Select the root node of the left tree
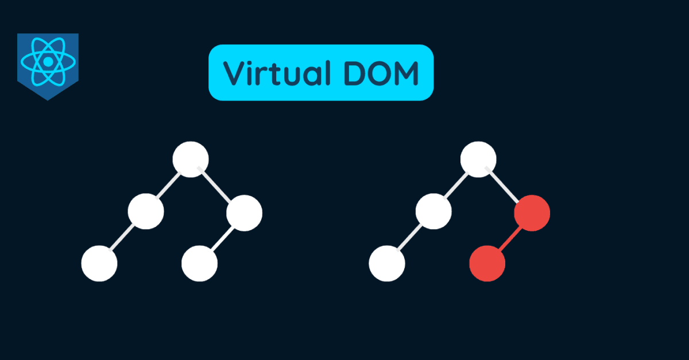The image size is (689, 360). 190,158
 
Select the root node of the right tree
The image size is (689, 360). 478,158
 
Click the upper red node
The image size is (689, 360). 532,213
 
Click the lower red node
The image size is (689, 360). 487,264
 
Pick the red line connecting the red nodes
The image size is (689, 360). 510,238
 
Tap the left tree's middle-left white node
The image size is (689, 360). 146,212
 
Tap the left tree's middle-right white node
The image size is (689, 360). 244,213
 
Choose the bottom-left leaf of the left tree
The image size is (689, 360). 99,264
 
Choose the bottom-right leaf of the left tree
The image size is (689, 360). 199,264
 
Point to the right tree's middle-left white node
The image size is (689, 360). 433,212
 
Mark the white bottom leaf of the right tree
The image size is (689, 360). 386,264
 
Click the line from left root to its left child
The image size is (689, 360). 168,185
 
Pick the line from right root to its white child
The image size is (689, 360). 456,185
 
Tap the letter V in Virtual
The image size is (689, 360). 233,73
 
